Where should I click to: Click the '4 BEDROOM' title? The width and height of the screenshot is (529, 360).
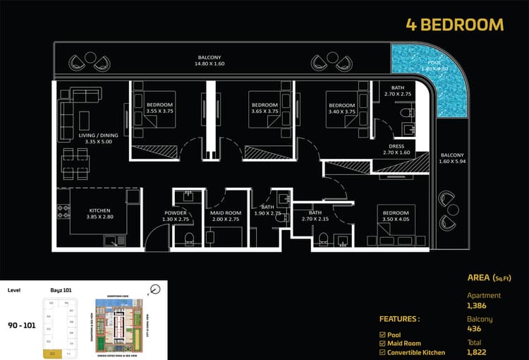tap(455, 25)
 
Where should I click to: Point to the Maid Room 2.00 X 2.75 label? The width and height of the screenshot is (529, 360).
tap(226, 216)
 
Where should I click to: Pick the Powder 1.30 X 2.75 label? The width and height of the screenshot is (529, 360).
tap(175, 216)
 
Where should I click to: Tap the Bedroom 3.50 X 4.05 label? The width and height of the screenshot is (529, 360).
tap(396, 216)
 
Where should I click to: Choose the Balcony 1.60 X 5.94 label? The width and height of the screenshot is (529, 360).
tap(452, 159)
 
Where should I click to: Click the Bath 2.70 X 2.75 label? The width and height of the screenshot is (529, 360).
tap(397, 90)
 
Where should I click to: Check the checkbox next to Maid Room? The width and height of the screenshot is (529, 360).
tap(382, 342)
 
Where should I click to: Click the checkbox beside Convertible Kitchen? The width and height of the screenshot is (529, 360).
tap(382, 352)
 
